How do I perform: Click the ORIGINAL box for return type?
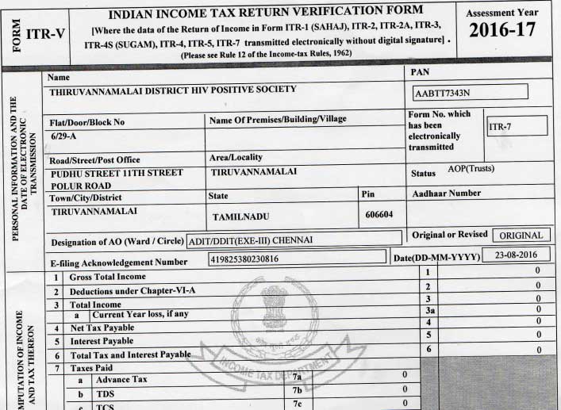[521, 236]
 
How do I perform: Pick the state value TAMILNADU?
[244, 216]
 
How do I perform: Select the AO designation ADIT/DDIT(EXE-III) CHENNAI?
[251, 239]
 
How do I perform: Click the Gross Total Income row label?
[107, 277]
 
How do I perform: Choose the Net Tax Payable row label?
[102, 328]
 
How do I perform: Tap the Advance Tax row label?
[121, 380]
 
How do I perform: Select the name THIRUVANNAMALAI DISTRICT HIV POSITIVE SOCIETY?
[173, 90]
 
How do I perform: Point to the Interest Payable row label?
[102, 341]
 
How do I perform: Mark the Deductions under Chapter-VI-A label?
[132, 290]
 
